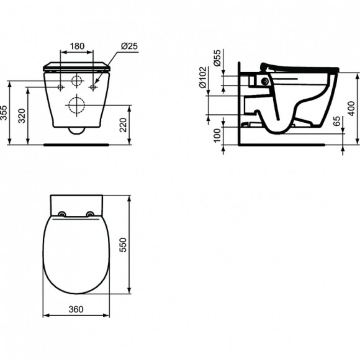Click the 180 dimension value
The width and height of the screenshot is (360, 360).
[x=77, y=45]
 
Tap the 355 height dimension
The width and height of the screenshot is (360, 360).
[x=4, y=112]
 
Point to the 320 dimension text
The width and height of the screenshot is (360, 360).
[x=23, y=115]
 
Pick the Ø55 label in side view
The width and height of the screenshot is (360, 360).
[x=217, y=61]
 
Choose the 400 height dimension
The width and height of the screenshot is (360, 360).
[x=353, y=102]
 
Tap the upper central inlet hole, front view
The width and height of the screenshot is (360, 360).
[x=77, y=81]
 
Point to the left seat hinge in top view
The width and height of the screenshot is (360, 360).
[x=62, y=215]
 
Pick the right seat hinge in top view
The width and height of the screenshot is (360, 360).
[x=92, y=215]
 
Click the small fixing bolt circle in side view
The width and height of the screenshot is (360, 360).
[x=266, y=82]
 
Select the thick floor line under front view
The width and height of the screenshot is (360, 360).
[x=78, y=143]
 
